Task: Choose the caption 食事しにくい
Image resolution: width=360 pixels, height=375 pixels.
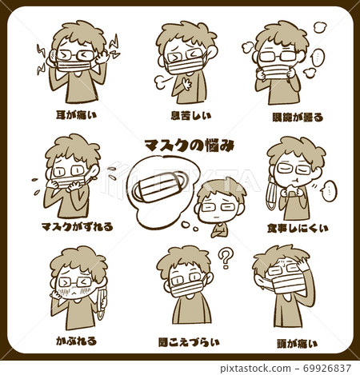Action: [x=297, y=228]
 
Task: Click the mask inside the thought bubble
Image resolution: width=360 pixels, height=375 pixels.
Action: [x=160, y=190]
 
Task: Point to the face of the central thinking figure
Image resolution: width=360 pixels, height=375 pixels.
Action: [x=219, y=205]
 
